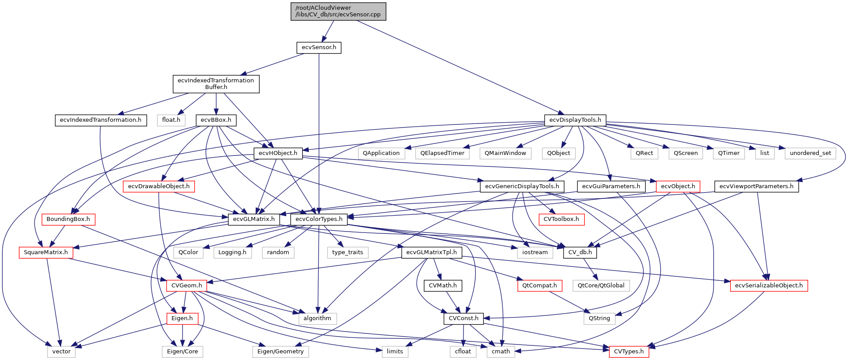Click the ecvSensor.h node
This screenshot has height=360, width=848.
pos(319,47)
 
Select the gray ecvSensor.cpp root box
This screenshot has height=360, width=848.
pos(338,11)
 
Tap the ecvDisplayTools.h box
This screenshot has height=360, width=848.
pos(575,120)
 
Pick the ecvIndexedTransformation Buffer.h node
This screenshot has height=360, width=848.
pos(216,84)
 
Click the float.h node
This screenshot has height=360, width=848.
pos(171,120)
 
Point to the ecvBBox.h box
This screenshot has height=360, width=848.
pos(216,120)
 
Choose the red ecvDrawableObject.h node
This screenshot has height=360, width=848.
pos(159,186)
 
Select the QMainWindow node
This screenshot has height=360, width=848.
pos(505,153)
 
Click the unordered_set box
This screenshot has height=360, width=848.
pos(810,153)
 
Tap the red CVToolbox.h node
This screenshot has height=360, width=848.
pos(561,219)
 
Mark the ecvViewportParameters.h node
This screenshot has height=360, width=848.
pos(756,186)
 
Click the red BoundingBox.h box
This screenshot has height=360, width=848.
pos(68,219)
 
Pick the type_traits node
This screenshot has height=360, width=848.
pos(347,252)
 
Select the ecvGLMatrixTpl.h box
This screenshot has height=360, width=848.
pos(431,252)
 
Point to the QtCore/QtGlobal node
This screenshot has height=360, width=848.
pos(601,286)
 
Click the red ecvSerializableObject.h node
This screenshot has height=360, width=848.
pos(769,286)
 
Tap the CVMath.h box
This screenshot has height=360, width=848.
pos(443,286)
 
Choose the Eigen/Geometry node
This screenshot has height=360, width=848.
pos(280,352)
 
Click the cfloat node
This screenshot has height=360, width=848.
pos(463,352)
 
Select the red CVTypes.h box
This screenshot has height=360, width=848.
pos(629,352)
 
